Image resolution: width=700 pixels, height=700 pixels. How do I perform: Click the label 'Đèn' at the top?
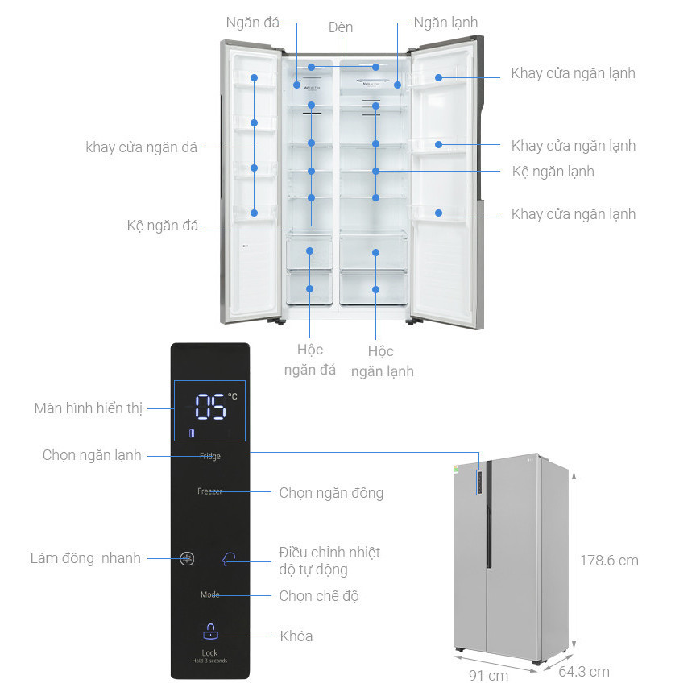click(341, 27)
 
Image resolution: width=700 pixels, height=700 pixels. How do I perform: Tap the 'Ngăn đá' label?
click(253, 23)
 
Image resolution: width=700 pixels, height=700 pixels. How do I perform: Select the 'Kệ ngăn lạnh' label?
click(553, 172)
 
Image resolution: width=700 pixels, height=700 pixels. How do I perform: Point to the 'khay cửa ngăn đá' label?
click(142, 147)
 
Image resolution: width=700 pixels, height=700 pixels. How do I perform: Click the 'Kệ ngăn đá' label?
click(162, 226)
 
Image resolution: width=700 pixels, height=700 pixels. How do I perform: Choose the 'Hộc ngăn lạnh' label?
click(380, 361)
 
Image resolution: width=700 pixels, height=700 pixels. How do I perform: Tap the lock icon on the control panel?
click(210, 632)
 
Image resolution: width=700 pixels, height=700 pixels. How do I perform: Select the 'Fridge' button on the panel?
click(209, 456)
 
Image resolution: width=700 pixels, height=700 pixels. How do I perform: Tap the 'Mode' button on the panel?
click(209, 595)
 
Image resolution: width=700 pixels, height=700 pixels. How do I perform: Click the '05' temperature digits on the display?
click(210, 408)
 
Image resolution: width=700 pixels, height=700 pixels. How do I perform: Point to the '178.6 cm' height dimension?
click(609, 560)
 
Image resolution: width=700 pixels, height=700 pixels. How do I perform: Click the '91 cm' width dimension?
click(488, 676)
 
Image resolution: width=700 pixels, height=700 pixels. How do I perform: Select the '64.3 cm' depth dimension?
click(584, 671)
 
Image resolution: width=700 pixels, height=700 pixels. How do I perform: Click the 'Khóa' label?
click(296, 636)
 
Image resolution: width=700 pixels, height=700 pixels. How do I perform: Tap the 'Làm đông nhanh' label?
click(85, 558)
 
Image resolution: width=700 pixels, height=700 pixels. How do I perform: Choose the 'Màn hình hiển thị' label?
click(89, 408)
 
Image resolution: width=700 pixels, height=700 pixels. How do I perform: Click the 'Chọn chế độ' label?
click(319, 596)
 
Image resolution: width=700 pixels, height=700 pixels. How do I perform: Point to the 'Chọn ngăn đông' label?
click(331, 492)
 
